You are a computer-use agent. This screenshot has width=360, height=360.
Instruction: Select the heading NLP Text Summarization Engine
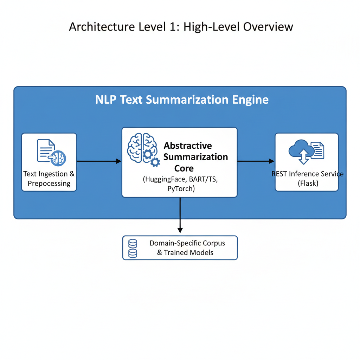pos(182,99)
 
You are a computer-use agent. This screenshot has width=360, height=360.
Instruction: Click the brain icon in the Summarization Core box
pos(140,148)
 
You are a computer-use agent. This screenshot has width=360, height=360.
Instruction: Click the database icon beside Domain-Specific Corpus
pos(133,248)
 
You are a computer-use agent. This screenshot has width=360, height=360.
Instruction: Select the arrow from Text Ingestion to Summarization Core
pos(99,161)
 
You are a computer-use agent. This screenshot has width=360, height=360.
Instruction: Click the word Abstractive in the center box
pos(188,146)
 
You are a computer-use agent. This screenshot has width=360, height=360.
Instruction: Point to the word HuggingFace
pos(166,179)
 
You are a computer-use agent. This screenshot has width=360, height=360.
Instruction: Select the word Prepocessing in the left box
pos(49,183)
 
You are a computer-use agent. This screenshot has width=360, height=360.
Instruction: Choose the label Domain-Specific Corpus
pos(187,243)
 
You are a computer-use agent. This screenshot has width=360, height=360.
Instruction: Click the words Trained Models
pos(188,252)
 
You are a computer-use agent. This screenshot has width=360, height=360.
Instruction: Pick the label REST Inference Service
pos(308,174)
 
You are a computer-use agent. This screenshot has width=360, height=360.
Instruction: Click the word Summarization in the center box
pos(195,157)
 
